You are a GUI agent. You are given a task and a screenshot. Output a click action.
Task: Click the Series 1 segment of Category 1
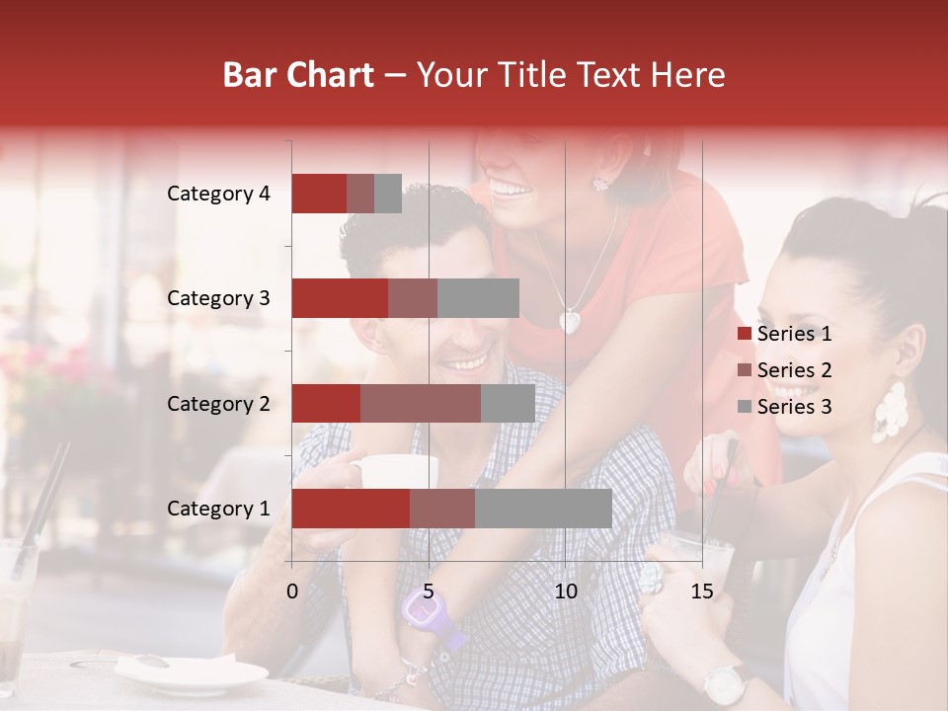[350, 509]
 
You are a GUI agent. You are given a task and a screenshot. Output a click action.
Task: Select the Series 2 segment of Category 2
[420, 403]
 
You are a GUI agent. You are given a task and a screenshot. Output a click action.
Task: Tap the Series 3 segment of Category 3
[478, 298]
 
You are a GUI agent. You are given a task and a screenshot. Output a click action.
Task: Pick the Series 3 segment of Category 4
[388, 194]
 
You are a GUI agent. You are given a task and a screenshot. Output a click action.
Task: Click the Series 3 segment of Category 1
[543, 509]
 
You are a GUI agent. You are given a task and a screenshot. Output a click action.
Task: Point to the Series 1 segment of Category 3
[339, 298]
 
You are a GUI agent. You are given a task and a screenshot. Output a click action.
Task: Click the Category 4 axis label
[218, 194]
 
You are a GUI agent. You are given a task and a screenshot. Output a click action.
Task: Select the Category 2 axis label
[218, 404]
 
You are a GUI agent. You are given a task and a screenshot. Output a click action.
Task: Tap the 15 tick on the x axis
[701, 592]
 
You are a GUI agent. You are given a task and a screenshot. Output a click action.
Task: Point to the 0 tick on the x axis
[292, 592]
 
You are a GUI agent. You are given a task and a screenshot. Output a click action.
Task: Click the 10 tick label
[565, 592]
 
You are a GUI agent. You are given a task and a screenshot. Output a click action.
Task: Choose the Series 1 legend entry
[784, 334]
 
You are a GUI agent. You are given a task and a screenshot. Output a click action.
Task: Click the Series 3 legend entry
[784, 407]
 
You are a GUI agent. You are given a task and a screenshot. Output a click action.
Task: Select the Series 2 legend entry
[784, 370]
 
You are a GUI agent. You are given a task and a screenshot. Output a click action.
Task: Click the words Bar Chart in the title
[298, 75]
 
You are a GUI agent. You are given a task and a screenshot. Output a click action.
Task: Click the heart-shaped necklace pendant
[570, 321]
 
